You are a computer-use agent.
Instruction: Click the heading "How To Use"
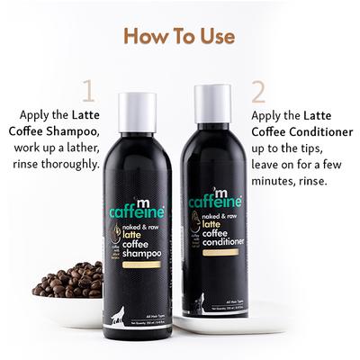(179, 37)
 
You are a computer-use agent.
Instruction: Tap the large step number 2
(257, 91)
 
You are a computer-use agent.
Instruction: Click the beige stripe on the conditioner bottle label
(214, 253)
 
